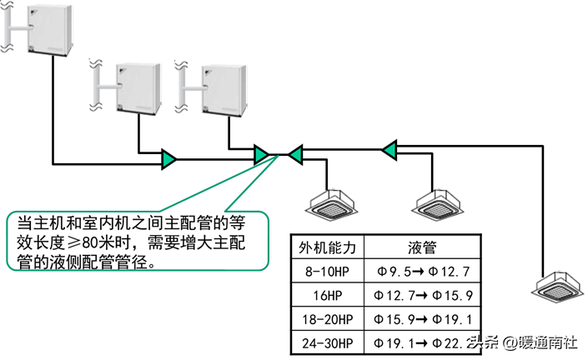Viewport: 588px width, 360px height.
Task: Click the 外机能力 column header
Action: pyautogui.click(x=327, y=248)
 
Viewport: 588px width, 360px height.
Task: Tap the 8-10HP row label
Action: pyautogui.click(x=327, y=272)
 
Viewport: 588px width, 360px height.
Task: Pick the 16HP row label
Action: pyautogui.click(x=327, y=295)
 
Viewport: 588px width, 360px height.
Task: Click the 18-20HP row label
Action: pyautogui.click(x=327, y=319)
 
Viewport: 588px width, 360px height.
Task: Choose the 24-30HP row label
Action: pyautogui.click(x=327, y=342)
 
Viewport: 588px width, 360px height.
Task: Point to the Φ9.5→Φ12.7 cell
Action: pyautogui.click(x=424, y=272)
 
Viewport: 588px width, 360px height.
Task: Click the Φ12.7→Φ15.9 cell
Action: pyautogui.click(x=424, y=295)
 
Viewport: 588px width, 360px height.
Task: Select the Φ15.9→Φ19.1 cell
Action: pyautogui.click(x=424, y=319)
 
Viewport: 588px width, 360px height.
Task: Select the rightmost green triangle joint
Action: pyautogui.click(x=388, y=150)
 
